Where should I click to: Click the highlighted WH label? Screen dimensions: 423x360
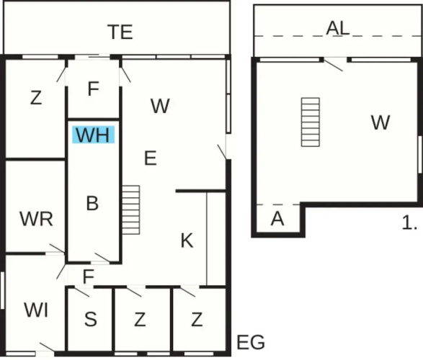pyautogui.click(x=94, y=135)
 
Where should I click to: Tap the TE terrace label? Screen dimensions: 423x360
pyautogui.click(x=120, y=32)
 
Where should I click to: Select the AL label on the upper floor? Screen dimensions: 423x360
pyautogui.click(x=338, y=28)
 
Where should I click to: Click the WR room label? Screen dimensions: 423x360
pyautogui.click(x=37, y=219)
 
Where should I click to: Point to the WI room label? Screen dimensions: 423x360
pyautogui.click(x=37, y=310)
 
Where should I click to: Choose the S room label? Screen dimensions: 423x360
pyautogui.click(x=91, y=319)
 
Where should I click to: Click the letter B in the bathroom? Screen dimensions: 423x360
pyautogui.click(x=92, y=203)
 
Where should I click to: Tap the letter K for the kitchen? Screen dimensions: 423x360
pyautogui.click(x=187, y=240)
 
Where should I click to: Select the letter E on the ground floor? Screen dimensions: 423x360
pyautogui.click(x=151, y=158)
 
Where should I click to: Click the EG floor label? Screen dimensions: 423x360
pyautogui.click(x=251, y=342)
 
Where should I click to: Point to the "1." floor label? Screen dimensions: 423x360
pyautogui.click(x=409, y=223)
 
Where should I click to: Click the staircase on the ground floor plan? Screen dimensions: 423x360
pyautogui.click(x=131, y=210)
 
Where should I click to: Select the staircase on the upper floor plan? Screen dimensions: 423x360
pyautogui.click(x=311, y=122)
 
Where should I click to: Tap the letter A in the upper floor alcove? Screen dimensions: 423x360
pyautogui.click(x=277, y=219)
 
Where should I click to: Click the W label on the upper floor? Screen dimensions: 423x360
pyautogui.click(x=380, y=122)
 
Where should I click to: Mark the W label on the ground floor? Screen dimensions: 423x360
pyautogui.click(x=160, y=106)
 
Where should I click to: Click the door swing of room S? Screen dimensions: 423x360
pyautogui.click(x=81, y=292)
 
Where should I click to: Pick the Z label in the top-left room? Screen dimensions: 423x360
pyautogui.click(x=36, y=97)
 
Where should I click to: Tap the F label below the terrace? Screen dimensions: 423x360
pyautogui.click(x=94, y=89)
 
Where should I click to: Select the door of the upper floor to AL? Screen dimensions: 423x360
pyautogui.click(x=334, y=66)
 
